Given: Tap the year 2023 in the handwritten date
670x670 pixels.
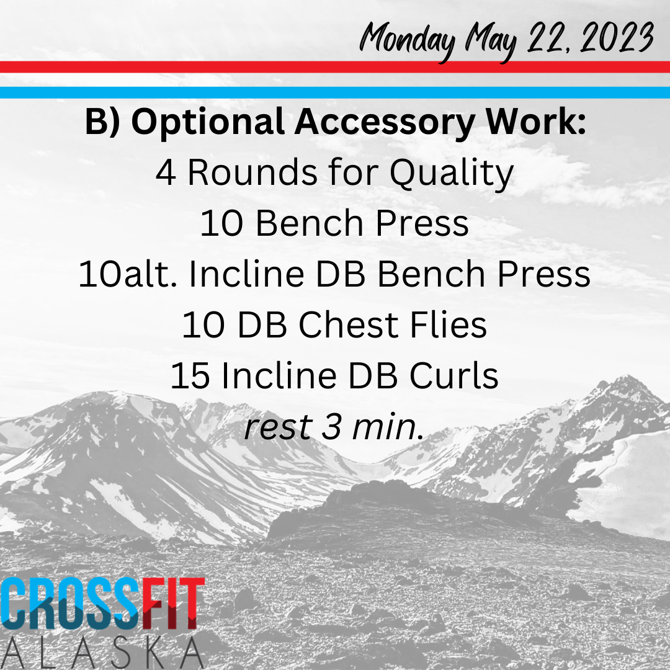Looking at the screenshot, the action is tap(617, 38).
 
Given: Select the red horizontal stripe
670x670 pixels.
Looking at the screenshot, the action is tap(335, 67).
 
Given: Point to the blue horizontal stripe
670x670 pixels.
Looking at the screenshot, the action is tap(335, 92).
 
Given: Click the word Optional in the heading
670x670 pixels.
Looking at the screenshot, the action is tap(208, 122).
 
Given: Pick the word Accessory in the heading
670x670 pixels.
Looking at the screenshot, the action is tap(385, 123).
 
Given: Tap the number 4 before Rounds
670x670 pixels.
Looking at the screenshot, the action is tap(166, 173).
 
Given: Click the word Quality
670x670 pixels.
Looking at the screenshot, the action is tap(451, 174).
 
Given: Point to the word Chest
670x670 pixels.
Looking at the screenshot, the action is tap(348, 324).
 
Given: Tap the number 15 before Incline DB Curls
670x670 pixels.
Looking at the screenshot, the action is tap(190, 376).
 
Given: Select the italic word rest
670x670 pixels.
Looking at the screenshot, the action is tap(278, 427).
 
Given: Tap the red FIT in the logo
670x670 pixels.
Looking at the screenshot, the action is tap(173, 604).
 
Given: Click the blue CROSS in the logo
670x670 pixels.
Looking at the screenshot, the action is tap(71, 604).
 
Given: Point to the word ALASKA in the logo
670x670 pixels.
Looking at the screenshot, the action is tap(102, 653).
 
